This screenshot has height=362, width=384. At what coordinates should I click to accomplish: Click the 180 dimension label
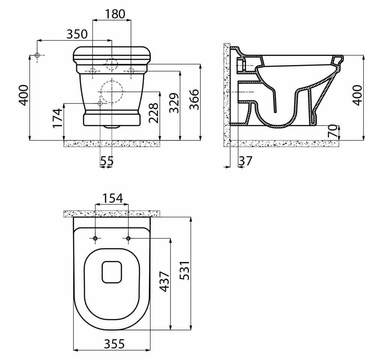click(115, 14)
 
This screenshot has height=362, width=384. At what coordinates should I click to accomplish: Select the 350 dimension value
click(77, 34)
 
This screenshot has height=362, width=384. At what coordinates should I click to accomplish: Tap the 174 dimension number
click(57, 118)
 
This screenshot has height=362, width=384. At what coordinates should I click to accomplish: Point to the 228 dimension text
click(153, 113)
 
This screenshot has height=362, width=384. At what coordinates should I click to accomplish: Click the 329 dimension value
click(173, 103)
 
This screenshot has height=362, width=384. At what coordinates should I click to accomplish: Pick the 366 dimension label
click(194, 99)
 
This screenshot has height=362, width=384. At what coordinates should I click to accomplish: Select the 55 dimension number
click(106, 161)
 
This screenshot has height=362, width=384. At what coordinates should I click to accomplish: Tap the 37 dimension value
click(246, 161)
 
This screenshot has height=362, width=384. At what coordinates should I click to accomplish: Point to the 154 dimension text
click(113, 199)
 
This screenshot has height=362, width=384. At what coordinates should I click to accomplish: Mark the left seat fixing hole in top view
click(96, 238)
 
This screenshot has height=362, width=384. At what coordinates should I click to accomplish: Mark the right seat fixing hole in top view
click(128, 238)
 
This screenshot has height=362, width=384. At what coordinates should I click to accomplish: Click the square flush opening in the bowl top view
click(112, 272)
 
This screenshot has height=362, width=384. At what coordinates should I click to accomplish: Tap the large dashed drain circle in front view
click(111, 91)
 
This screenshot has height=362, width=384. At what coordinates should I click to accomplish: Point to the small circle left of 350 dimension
click(37, 55)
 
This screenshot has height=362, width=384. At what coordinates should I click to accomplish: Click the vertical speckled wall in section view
click(226, 94)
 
